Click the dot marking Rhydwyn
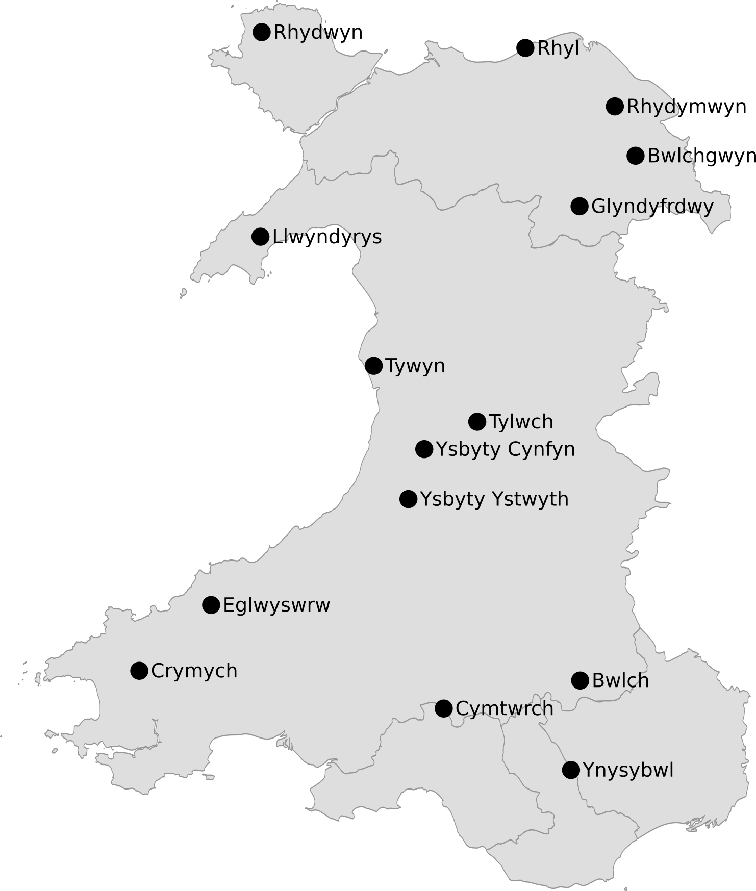pos(262,32)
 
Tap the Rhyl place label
pos(558,48)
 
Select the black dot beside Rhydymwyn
pos(615,107)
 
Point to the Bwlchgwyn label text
pos(701,156)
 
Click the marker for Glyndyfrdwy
pos(579,207)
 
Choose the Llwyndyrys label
pos(327,237)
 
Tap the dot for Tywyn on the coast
pos(373,366)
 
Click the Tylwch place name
pos(521,422)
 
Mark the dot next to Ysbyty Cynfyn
pos(424,449)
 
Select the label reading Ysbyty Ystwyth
pos(494,499)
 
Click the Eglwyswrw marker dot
pos(211,605)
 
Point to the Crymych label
pos(194,671)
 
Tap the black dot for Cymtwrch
pos(444,708)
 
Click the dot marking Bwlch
pos(580,680)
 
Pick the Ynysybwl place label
pos(628,770)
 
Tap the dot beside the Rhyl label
pos(525,48)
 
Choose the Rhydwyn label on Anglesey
pos(318,33)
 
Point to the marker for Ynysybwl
pos(571,770)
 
